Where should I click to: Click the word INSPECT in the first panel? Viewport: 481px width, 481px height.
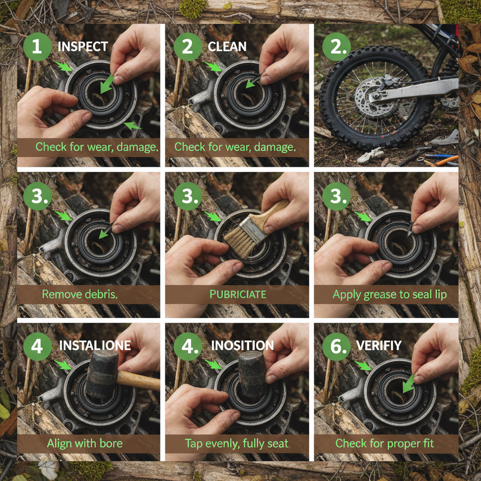[83, 47]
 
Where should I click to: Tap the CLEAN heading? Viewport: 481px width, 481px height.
[227, 47]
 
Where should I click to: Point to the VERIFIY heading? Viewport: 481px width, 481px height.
[379, 346]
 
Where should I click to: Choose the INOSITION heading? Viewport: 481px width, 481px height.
[242, 346]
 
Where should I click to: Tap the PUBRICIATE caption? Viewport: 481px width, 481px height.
[238, 295]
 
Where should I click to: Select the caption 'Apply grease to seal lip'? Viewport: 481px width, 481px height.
[389, 295]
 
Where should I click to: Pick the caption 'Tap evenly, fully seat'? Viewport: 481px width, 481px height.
[236, 443]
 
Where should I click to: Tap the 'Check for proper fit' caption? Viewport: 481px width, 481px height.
[384, 443]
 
